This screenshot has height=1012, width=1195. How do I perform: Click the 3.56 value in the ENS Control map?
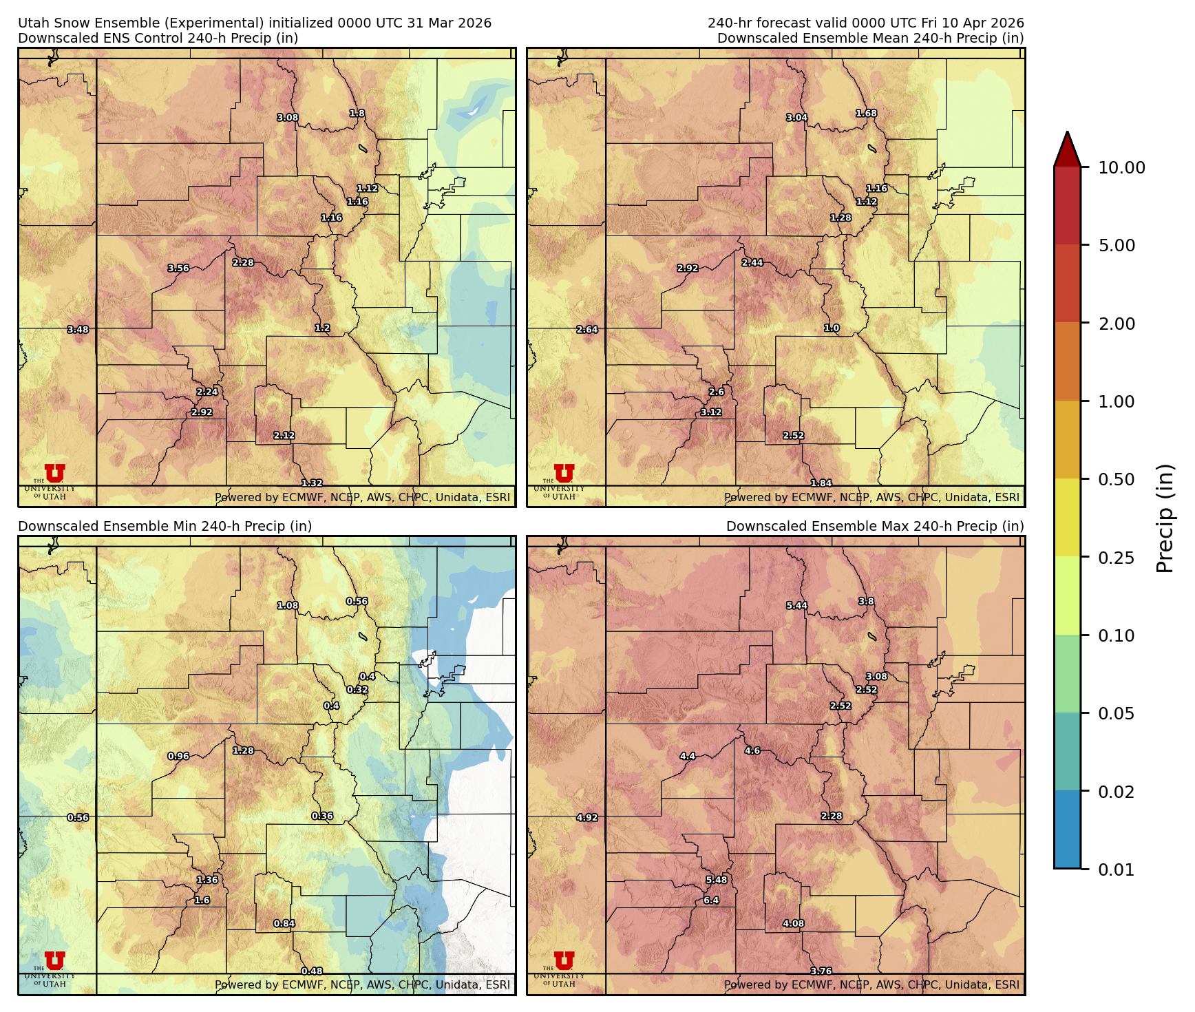pyautogui.click(x=178, y=268)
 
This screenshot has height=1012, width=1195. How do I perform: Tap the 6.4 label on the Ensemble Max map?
pyautogui.click(x=711, y=900)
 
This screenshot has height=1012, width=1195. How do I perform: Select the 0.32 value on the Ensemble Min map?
pyautogui.click(x=357, y=689)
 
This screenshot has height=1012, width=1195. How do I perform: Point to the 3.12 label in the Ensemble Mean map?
pyautogui.click(x=711, y=412)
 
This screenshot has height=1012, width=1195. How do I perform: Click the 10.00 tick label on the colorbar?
pyautogui.click(x=1121, y=168)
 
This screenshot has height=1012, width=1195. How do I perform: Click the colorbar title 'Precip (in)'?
pyautogui.click(x=1165, y=518)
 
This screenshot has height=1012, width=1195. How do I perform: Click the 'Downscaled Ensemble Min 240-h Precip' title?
pyautogui.click(x=165, y=526)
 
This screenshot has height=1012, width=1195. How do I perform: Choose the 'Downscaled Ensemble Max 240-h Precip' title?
pyautogui.click(x=875, y=526)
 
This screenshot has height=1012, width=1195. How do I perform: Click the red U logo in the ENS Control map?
pyautogui.click(x=54, y=474)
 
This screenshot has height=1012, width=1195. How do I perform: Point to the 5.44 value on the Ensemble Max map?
pyautogui.click(x=797, y=606)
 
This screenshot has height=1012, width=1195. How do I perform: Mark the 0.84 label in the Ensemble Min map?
pyautogui.click(x=284, y=923)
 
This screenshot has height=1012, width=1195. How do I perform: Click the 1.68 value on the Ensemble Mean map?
pyautogui.click(x=866, y=114)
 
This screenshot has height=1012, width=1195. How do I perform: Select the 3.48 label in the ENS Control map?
pyautogui.click(x=78, y=330)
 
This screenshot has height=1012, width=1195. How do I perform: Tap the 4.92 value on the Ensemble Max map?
pyautogui.click(x=587, y=818)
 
